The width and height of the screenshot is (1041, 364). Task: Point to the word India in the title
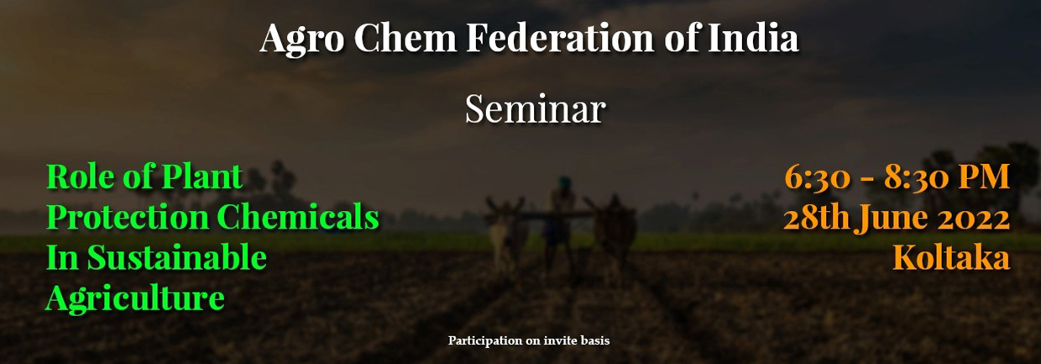point(753,37)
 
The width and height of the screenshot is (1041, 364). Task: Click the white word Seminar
point(536,109)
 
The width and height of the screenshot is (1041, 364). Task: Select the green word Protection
point(128,218)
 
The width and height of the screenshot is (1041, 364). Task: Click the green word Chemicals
point(298,218)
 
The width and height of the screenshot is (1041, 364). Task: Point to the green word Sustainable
point(177,257)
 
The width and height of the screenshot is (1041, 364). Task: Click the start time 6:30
point(818,178)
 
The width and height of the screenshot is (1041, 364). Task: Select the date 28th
point(818,218)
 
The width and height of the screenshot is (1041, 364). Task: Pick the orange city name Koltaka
point(951,257)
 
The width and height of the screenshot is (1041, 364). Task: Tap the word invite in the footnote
point(561,340)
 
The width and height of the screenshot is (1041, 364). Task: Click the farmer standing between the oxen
point(560,224)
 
